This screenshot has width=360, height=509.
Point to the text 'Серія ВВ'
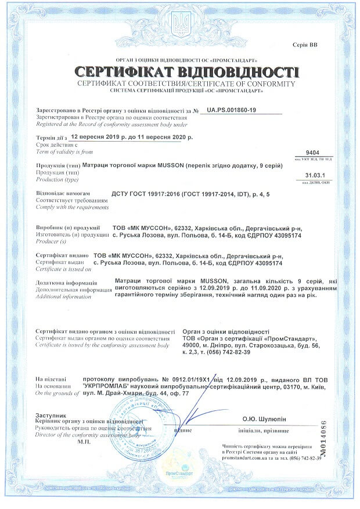click(x=323, y=45)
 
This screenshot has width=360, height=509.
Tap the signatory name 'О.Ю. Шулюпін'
click(x=264, y=418)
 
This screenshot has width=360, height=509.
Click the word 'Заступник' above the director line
click(x=51, y=416)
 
